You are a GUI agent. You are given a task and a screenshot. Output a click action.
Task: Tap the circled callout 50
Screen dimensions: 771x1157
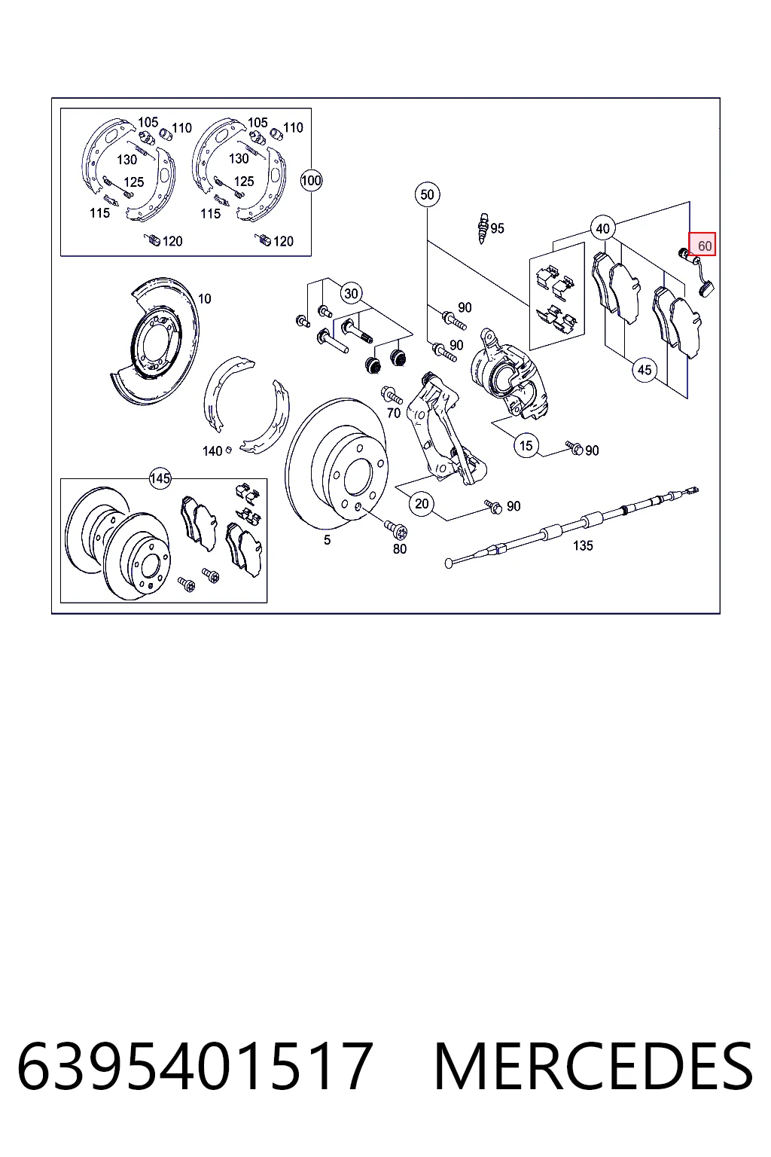427,195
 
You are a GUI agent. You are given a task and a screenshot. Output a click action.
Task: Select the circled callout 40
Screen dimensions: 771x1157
602,228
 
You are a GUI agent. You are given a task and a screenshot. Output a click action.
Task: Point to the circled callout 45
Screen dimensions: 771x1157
644,370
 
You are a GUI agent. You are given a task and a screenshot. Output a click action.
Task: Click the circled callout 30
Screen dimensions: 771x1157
351,294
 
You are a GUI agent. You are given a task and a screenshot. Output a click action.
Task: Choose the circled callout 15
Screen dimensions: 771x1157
526,446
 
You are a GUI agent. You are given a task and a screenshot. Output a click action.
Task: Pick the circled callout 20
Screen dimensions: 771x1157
422,504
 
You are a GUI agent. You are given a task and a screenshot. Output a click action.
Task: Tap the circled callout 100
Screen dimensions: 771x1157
311,181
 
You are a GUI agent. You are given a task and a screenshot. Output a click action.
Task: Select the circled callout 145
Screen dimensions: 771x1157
160,478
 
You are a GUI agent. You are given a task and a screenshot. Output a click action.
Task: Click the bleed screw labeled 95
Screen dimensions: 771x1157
483,228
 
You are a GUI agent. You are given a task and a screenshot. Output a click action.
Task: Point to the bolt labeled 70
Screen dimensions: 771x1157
392,396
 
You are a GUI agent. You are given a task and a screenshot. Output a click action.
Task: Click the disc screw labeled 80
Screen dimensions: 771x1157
396,530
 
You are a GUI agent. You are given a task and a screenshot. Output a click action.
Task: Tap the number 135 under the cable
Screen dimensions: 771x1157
583,545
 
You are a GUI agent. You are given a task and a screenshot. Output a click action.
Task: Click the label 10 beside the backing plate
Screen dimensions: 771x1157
205,298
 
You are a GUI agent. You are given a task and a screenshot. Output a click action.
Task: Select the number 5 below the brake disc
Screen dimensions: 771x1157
327,540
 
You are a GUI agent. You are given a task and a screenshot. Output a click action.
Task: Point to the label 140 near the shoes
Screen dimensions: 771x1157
212,451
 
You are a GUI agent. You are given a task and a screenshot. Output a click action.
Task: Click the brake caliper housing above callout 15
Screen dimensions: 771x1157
509,372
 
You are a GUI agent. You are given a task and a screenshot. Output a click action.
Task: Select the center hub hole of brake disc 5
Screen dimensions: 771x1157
358,476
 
